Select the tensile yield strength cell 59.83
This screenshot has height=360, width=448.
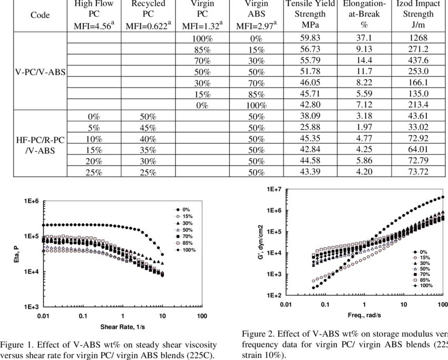coord(310,38)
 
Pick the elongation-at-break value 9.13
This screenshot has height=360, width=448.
coord(364,49)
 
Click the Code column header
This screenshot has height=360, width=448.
coord(40,15)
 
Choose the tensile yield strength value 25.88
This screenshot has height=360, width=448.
coord(310,127)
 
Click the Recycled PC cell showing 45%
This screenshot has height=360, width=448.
coord(148,127)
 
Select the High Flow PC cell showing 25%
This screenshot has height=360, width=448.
coord(94,172)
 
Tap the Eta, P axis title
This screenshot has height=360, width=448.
coord(17,254)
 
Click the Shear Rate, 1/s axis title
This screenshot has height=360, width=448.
coord(122,327)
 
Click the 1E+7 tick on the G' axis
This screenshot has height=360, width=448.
coord(273,189)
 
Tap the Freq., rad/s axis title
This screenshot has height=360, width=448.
coord(363,315)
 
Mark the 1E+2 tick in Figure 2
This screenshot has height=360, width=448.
coord(273,296)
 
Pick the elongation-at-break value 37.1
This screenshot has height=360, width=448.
coord(364,38)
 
